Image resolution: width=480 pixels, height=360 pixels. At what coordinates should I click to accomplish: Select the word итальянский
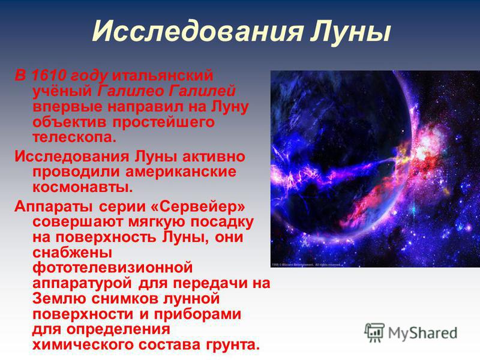pyautogui.click(x=163, y=76)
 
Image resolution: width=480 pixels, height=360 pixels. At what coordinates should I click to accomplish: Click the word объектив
pyautogui.click(x=70, y=122)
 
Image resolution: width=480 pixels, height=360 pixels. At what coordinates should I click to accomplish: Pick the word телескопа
pyautogui.click(x=74, y=137)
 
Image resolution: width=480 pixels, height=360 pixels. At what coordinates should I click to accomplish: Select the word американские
pyautogui.click(x=181, y=172)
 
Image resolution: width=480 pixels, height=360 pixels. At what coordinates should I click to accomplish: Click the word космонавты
pyautogui.click(x=83, y=187)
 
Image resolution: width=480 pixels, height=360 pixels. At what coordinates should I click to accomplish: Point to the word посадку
pyautogui.click(x=222, y=222)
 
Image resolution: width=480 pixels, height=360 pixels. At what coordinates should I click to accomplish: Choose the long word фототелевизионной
pyautogui.click(x=113, y=268)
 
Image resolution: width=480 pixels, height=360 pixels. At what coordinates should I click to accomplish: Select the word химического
pyautogui.click(x=83, y=344)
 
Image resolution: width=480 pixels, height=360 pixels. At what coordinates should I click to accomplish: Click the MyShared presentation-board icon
pyautogui.click(x=374, y=333)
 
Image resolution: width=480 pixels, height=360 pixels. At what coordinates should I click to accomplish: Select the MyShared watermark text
pyautogui.click(x=423, y=333)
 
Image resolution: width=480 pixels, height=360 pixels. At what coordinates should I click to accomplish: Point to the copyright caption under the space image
pyautogui.click(x=305, y=265)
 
